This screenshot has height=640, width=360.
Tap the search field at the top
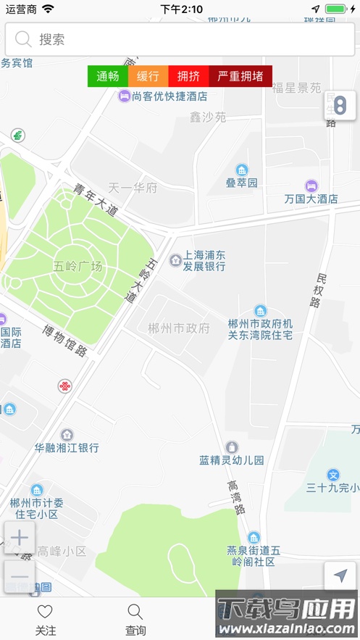(180, 39)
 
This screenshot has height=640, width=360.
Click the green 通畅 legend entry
(108, 76)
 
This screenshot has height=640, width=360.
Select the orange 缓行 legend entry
(148, 76)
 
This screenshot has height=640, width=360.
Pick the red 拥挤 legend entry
(188, 76)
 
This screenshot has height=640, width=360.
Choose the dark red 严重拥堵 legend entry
(240, 76)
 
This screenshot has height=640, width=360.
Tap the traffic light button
(340, 106)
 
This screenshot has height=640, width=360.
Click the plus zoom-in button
(20, 538)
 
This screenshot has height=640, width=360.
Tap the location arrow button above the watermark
(340, 576)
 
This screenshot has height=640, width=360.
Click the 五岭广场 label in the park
(78, 266)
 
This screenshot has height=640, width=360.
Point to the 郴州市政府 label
(178, 328)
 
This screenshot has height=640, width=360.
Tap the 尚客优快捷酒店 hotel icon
(125, 96)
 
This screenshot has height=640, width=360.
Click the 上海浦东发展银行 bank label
(204, 261)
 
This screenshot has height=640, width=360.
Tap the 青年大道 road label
(95, 200)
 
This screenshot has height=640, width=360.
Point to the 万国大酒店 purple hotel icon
(311, 186)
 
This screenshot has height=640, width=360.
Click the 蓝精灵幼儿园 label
(232, 460)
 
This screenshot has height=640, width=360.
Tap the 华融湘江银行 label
(67, 448)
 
